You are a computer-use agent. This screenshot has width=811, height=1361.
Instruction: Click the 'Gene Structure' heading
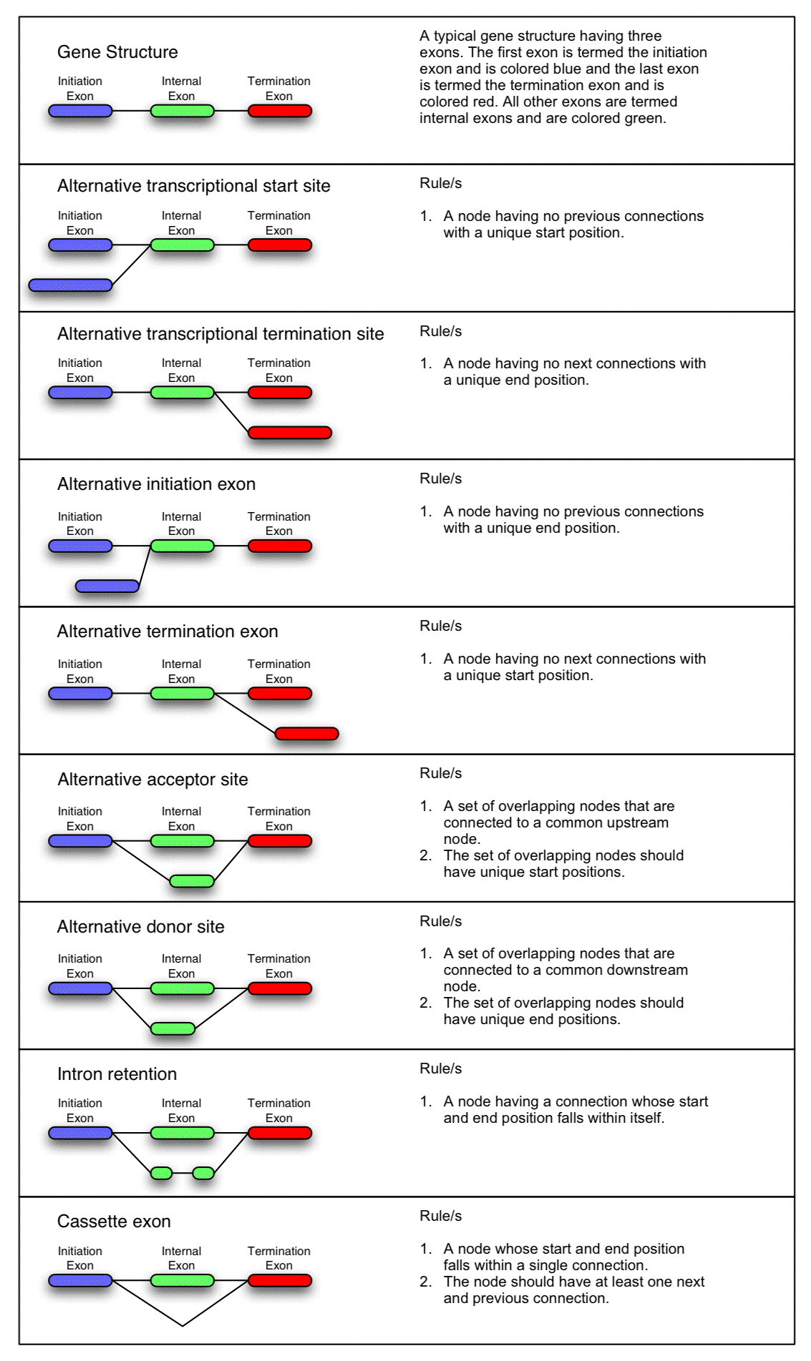(x=117, y=52)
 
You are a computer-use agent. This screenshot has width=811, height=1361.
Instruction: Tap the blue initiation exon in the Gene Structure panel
(x=80, y=111)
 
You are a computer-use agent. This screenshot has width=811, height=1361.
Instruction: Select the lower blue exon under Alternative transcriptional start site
(x=70, y=285)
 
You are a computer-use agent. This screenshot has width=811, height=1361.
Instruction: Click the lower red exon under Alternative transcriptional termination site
(x=290, y=433)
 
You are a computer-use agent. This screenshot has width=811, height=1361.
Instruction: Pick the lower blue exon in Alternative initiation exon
(x=107, y=586)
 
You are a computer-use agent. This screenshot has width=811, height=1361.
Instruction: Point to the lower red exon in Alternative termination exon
(x=307, y=734)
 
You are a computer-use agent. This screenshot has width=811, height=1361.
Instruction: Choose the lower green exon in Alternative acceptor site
(x=192, y=881)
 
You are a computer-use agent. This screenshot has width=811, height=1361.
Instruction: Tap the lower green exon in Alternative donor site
(x=173, y=1029)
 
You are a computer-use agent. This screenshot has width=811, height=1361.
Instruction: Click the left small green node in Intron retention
(x=161, y=1173)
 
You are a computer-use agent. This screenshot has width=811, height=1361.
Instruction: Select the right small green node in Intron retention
(x=203, y=1173)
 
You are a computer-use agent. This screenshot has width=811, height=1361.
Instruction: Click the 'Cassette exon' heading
(x=114, y=1222)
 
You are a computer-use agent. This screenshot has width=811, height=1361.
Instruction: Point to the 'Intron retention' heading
(x=117, y=1074)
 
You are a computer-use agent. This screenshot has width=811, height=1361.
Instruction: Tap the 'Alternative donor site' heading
(x=140, y=927)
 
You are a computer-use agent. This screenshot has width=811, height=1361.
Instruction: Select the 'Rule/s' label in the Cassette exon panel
(x=440, y=1216)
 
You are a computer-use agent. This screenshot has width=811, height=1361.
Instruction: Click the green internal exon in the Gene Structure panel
(x=182, y=111)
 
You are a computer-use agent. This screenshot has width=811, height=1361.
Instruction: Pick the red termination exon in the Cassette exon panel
(x=280, y=1280)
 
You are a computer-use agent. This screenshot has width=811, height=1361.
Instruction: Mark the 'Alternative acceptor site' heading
(x=152, y=780)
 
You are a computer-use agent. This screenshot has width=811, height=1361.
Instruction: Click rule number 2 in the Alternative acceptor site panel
(x=552, y=864)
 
